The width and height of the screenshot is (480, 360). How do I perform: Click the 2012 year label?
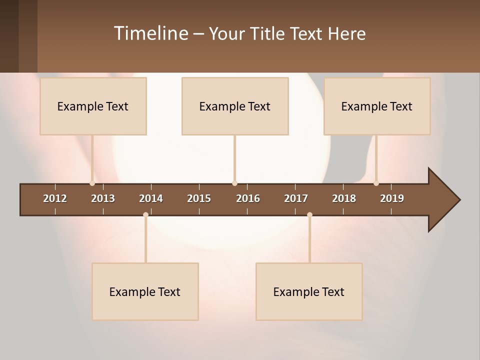[x=55, y=198]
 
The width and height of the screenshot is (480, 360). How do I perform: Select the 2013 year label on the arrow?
[x=103, y=198]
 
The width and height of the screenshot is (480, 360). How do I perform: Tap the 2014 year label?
[x=151, y=198]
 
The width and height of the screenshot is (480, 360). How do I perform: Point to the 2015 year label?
[x=199, y=198]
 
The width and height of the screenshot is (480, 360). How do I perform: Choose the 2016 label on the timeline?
[x=248, y=198]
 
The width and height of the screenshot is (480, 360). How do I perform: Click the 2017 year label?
[x=296, y=198]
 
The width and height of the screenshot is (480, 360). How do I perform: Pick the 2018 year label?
[x=344, y=198]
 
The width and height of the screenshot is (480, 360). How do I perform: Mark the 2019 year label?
[x=392, y=198]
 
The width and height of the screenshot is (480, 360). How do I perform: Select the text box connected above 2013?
[x=93, y=106]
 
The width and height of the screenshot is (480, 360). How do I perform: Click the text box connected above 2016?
[x=235, y=106]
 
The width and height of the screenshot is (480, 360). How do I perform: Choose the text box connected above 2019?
[x=377, y=106]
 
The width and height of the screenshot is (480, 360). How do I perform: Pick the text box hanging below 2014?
[x=145, y=291]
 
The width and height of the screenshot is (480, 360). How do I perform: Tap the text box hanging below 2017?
[x=309, y=291]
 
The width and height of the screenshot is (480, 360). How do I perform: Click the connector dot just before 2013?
[x=92, y=183]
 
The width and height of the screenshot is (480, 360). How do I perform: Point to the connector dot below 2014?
[x=145, y=215]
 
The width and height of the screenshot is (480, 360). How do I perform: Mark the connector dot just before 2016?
[x=234, y=183]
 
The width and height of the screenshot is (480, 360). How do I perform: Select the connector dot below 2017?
[x=309, y=215]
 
